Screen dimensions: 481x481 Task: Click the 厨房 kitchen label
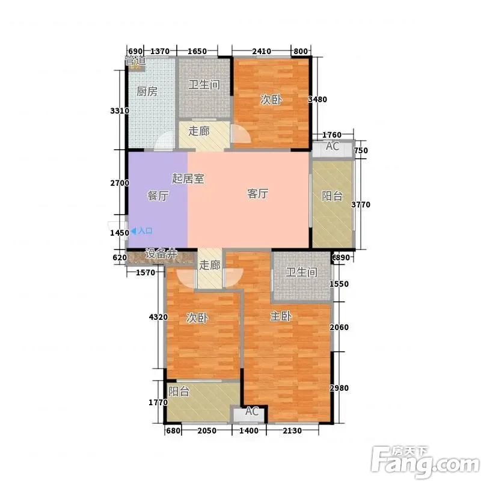pyautogui.click(x=147, y=91)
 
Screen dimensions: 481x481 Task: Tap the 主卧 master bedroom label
pyautogui.click(x=281, y=316)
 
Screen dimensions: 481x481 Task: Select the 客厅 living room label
pyautogui.click(x=258, y=194)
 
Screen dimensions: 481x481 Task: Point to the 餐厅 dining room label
pyautogui.click(x=158, y=196)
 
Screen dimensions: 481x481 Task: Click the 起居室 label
pyautogui.click(x=188, y=179)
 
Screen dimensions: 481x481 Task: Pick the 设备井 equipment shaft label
pyautogui.click(x=161, y=254)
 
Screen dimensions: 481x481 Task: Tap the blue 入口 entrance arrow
pyautogui.click(x=133, y=231)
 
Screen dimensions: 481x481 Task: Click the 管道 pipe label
pyautogui.click(x=135, y=61)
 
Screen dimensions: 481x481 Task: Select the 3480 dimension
pyautogui.click(x=317, y=99)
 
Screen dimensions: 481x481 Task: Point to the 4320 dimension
pyautogui.click(x=158, y=317)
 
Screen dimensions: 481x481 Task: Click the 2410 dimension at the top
pyautogui.click(x=262, y=51)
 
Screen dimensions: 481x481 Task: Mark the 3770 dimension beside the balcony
pyautogui.click(x=361, y=204)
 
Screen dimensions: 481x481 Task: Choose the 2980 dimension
pyautogui.click(x=339, y=388)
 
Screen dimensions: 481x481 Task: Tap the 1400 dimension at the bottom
pyautogui.click(x=249, y=430)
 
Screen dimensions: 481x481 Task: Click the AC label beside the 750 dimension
pyautogui.click(x=332, y=146)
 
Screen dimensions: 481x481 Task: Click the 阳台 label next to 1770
pyautogui.click(x=179, y=391)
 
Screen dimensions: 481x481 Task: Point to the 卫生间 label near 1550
pyautogui.click(x=302, y=272)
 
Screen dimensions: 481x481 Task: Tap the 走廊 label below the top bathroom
pyautogui.click(x=199, y=131)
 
